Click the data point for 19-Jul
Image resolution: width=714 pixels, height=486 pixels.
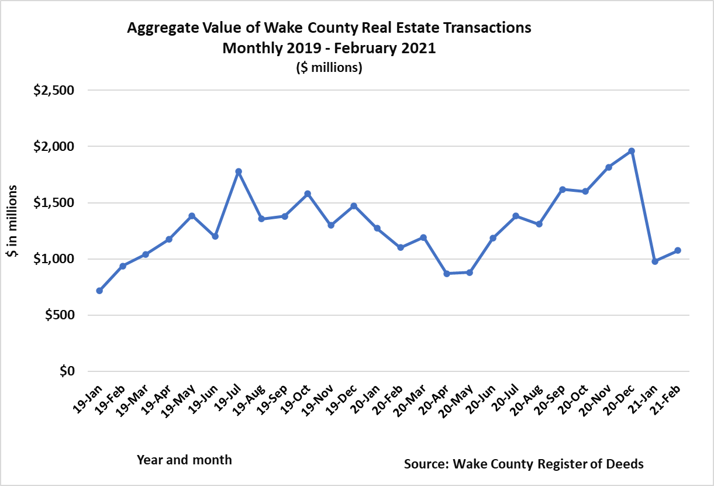tap(238, 171)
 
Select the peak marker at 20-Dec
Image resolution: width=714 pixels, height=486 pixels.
tap(631, 151)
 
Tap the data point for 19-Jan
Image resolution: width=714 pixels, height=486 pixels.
tap(99, 291)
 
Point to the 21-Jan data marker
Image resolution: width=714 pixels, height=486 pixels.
tap(654, 261)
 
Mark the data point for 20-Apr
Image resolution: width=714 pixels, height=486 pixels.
tap(446, 274)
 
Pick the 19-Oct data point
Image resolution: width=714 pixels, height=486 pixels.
tap(308, 194)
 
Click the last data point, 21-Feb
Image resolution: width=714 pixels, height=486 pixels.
tap(678, 250)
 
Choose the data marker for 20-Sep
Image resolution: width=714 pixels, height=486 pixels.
tap(562, 189)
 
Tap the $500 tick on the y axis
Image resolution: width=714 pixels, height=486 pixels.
tap(60, 315)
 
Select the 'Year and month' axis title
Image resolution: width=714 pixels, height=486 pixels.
tap(184, 460)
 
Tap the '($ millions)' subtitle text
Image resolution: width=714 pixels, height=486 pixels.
tap(329, 68)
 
